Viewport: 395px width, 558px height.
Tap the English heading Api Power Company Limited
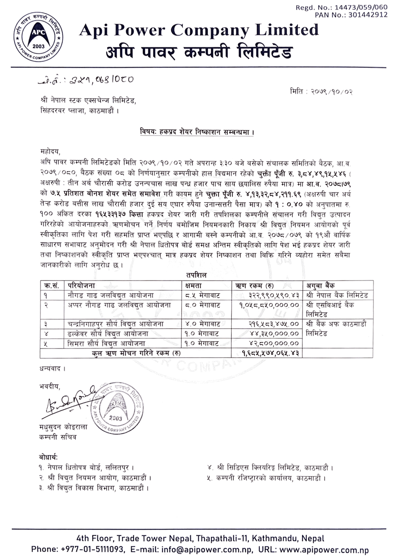click(199, 30)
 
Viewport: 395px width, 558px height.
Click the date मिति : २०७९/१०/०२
click(322, 92)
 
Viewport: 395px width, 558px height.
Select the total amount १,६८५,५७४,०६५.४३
click(270, 353)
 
